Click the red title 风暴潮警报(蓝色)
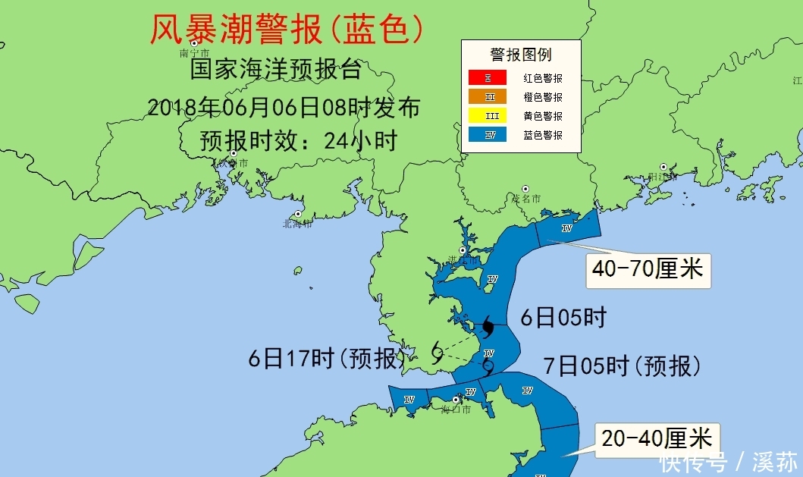(287, 30)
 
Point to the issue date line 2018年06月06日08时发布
(283, 107)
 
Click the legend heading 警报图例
(520, 55)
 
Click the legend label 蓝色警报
(543, 135)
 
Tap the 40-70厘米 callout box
(648, 269)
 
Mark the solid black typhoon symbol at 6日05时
(488, 328)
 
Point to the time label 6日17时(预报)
(328, 358)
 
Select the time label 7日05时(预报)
(622, 366)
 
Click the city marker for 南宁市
(194, 44)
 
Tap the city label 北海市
(296, 223)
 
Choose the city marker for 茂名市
(525, 189)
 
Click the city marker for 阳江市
(663, 167)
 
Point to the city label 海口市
(456, 410)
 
